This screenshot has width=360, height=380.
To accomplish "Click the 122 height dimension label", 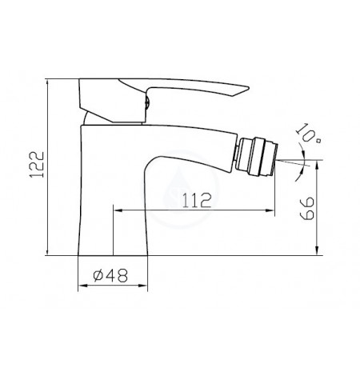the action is point(36,165).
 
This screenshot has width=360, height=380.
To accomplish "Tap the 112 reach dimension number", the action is point(197,200).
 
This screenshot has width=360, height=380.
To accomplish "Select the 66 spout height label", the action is point(307,209).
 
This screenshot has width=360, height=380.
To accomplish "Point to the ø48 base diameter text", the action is point(110,275).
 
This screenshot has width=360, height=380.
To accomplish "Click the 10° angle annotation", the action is point(308,134).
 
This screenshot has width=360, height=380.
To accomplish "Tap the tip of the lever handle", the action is point(249,87).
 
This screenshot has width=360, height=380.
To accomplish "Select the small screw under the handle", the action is point(148,102).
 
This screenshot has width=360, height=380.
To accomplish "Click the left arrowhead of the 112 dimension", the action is point(118,210).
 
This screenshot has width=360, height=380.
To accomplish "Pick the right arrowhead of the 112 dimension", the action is point(270,210).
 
